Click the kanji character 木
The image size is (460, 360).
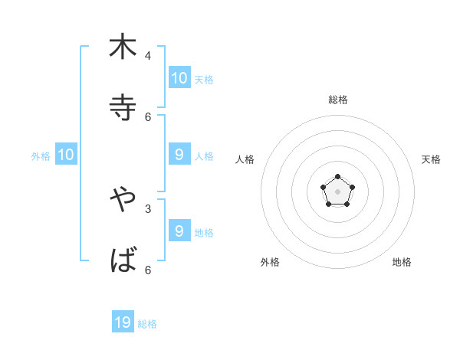pyautogui.click(x=123, y=47)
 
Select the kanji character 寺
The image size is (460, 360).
pyautogui.click(x=123, y=108)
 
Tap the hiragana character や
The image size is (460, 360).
pyautogui.click(x=123, y=200)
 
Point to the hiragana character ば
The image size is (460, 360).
pyautogui.click(x=123, y=261)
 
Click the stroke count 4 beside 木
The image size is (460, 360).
pyautogui.click(x=148, y=55)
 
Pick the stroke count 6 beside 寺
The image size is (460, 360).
pyautogui.click(x=148, y=116)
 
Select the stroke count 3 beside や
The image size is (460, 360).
pyautogui.click(x=148, y=208)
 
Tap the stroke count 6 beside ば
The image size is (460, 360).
pyautogui.click(x=148, y=270)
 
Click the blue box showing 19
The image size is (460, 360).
pyautogui.click(x=123, y=322)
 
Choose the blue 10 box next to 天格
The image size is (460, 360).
pyautogui.click(x=179, y=77)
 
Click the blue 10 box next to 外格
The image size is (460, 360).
pyautogui.click(x=66, y=155)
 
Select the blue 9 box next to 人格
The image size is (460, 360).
pyautogui.click(x=179, y=155)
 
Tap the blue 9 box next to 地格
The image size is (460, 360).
pyautogui.click(x=179, y=231)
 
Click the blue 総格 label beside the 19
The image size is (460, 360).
pyautogui.click(x=147, y=324)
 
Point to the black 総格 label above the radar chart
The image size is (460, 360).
pyautogui.click(x=337, y=100)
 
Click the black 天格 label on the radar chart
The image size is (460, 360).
pyautogui.click(x=432, y=159)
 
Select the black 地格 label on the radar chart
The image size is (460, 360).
pyautogui.click(x=402, y=262)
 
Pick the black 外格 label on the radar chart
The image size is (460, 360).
pyautogui.click(x=270, y=262)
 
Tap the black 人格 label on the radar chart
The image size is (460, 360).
pyautogui.click(x=245, y=159)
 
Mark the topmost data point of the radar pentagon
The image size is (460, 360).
pyautogui.click(x=337, y=177)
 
